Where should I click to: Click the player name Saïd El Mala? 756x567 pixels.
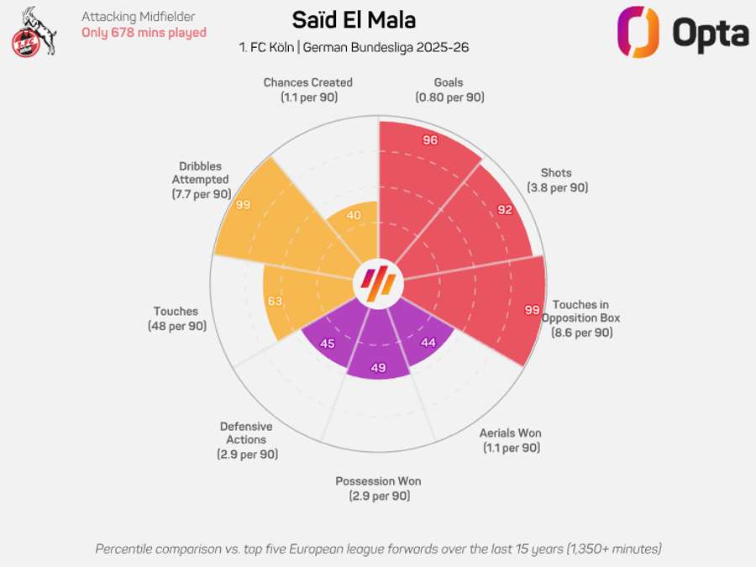tap(354, 20)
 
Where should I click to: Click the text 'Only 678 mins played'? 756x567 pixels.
tap(144, 33)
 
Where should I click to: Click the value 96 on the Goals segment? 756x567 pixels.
tap(430, 140)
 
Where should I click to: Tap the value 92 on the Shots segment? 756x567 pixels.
tap(504, 209)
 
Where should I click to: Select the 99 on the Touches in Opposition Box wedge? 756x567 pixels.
tap(532, 310)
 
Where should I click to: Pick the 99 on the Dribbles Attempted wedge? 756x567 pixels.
tap(244, 204)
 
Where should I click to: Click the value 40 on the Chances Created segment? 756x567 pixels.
tap(354, 216)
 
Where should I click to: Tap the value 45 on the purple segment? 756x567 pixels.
tap(328, 343)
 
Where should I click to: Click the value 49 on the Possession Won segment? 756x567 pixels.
tap(377, 367)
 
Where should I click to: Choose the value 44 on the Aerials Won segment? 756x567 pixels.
tap(428, 342)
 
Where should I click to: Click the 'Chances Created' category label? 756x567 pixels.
tap(307, 82)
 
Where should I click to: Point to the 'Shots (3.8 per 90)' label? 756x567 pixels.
tap(558, 179)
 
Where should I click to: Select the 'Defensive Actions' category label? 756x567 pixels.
tap(246, 433)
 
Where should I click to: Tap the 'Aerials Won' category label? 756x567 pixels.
tap(510, 433)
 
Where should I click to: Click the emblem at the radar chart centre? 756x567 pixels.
tap(378, 284)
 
